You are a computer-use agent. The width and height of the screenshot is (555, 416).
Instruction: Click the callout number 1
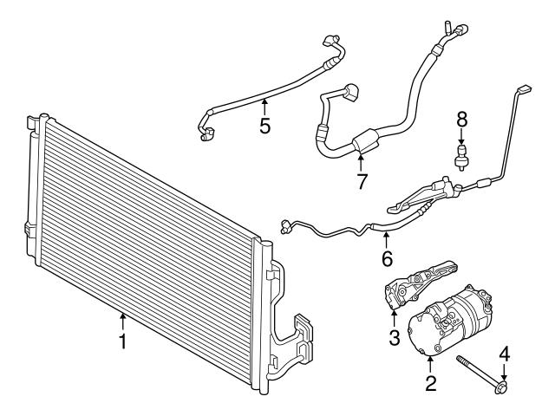click(124, 341)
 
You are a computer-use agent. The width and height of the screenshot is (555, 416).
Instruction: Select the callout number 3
click(393, 336)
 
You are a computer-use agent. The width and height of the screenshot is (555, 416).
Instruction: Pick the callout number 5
click(265, 126)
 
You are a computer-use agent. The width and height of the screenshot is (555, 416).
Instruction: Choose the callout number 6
click(387, 258)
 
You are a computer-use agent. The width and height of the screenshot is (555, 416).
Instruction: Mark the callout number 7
click(362, 181)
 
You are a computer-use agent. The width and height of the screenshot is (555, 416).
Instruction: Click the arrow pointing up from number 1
click(124, 321)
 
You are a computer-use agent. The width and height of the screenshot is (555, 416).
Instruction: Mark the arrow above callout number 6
click(387, 236)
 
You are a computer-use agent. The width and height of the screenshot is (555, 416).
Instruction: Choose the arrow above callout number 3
click(393, 315)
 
